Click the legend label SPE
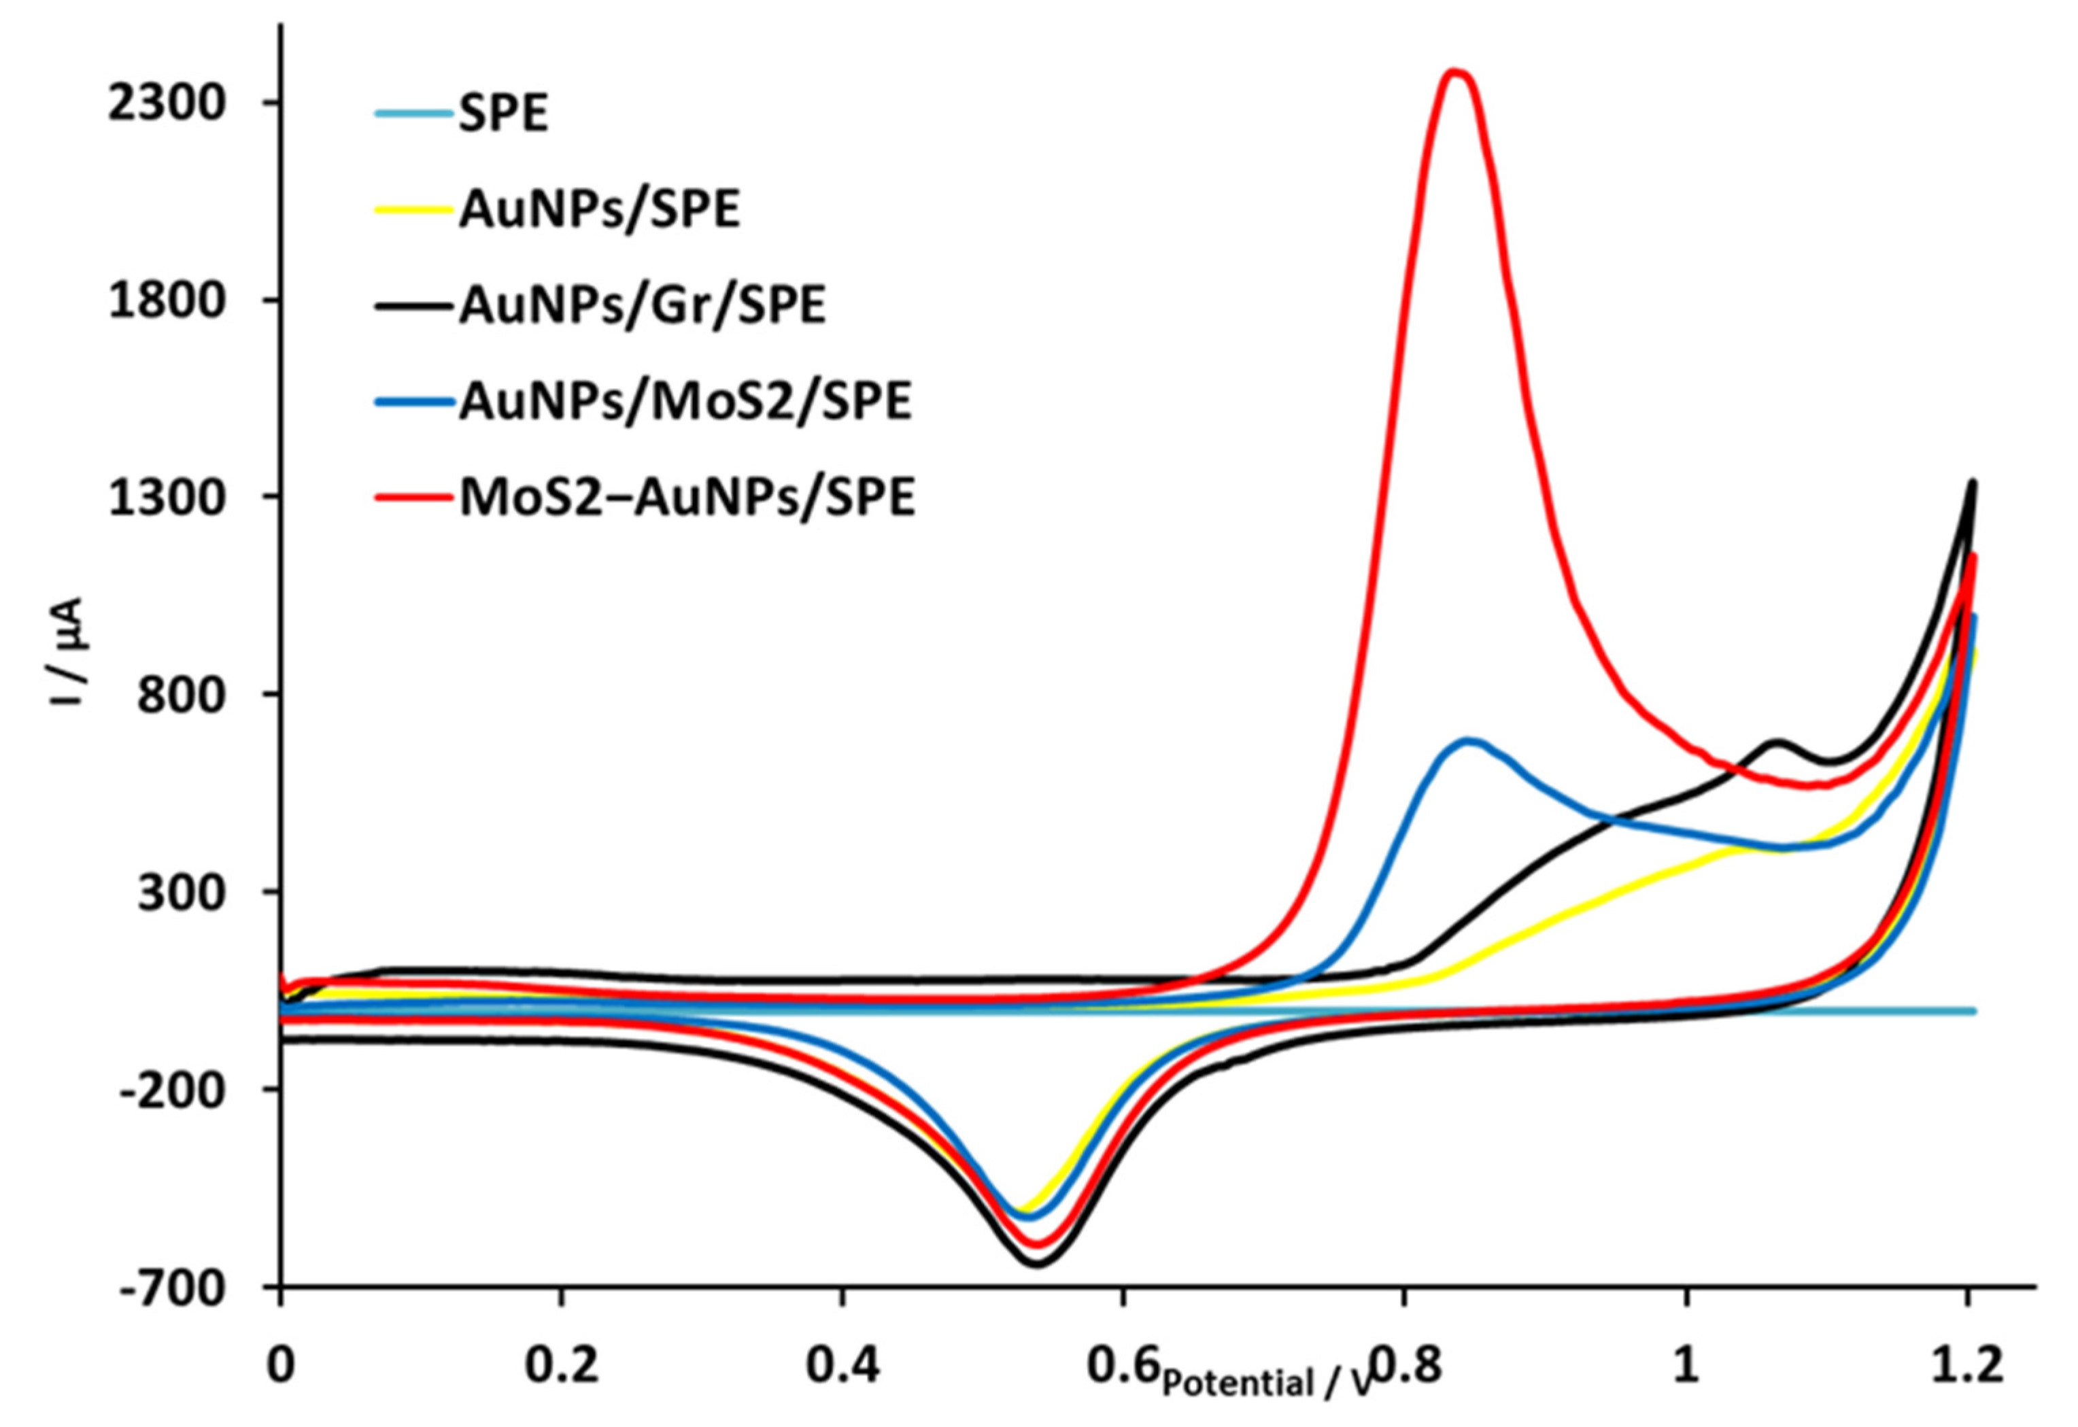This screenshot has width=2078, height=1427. tap(503, 114)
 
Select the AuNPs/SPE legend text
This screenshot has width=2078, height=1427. tap(599, 211)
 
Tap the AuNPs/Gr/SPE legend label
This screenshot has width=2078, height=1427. tap(642, 307)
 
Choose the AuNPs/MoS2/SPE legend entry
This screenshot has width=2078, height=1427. tap(685, 402)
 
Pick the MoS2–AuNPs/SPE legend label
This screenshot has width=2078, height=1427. tap(687, 498)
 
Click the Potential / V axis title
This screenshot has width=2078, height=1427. tap(1266, 1383)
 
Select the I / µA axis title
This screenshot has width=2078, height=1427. tap(68, 653)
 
